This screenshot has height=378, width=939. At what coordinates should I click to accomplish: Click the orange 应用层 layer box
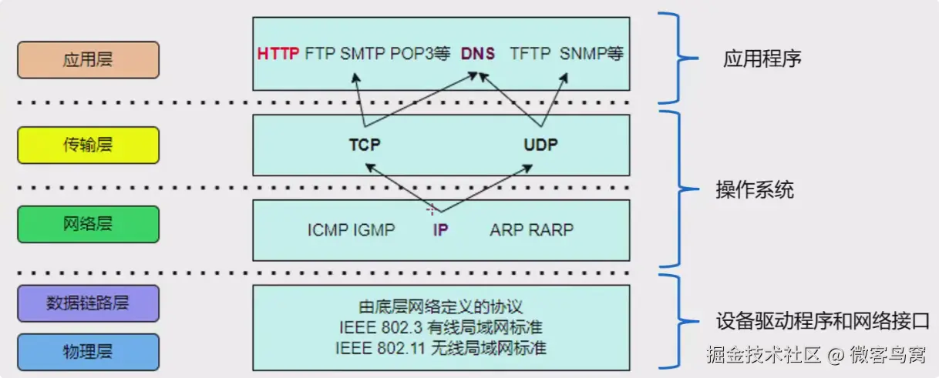[x=88, y=60]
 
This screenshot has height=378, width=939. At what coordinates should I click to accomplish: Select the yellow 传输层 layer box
[x=88, y=145]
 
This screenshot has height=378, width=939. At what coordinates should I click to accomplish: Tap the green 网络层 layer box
[x=88, y=224]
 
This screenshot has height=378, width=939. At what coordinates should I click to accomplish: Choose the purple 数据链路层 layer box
[x=88, y=303]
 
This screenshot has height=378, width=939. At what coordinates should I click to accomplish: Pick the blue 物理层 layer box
[x=88, y=352]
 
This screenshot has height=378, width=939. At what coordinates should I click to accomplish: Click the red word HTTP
[x=278, y=55]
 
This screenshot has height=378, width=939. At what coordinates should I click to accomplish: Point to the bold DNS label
[x=478, y=55]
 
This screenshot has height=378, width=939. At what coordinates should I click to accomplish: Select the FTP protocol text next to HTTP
[x=320, y=55]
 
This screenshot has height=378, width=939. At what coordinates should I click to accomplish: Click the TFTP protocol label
[x=530, y=55]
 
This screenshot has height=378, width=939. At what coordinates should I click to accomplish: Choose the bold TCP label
[x=365, y=145]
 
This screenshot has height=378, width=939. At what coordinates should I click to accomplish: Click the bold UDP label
[x=540, y=145]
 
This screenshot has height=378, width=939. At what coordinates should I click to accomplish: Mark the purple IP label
[x=440, y=230]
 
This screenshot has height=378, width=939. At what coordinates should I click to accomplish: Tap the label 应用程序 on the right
[x=762, y=59]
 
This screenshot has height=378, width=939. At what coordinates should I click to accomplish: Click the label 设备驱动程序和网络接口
[x=822, y=320]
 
